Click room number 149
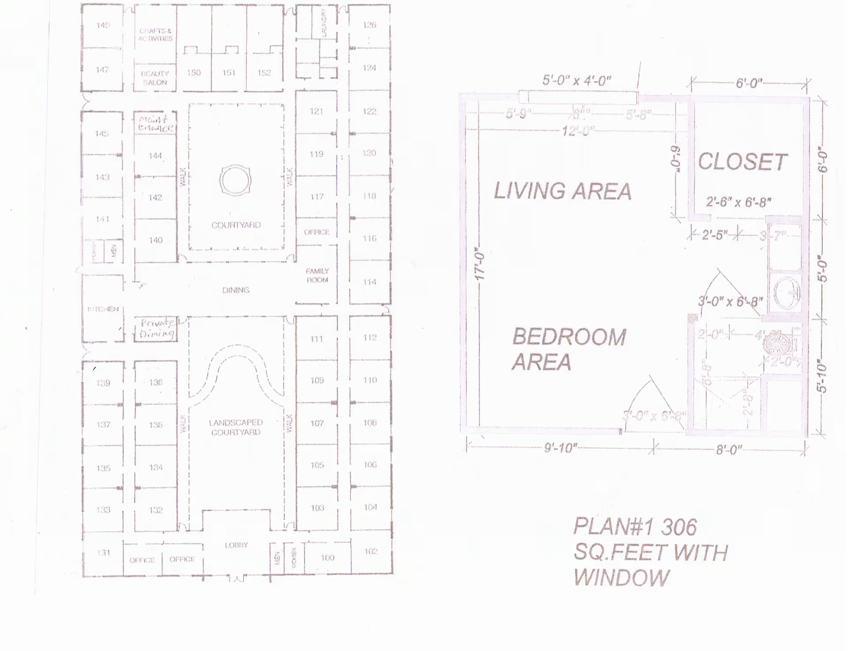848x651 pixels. [103, 25]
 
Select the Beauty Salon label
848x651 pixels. [155, 78]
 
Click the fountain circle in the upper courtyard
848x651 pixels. [235, 180]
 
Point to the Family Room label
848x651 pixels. [317, 275]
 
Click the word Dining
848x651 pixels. [236, 290]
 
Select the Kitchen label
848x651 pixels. [103, 309]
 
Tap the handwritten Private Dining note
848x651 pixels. [156, 328]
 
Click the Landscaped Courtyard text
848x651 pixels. [236, 427]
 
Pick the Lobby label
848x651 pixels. [236, 545]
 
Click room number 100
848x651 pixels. [327, 558]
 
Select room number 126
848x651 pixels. [369, 25]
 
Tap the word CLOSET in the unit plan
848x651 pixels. [742, 162]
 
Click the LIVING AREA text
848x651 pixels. [563, 191]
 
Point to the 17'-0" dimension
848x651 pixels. [480, 263]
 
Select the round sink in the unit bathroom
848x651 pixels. [787, 292]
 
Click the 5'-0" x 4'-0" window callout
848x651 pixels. [576, 81]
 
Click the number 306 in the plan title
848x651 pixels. [679, 527]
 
